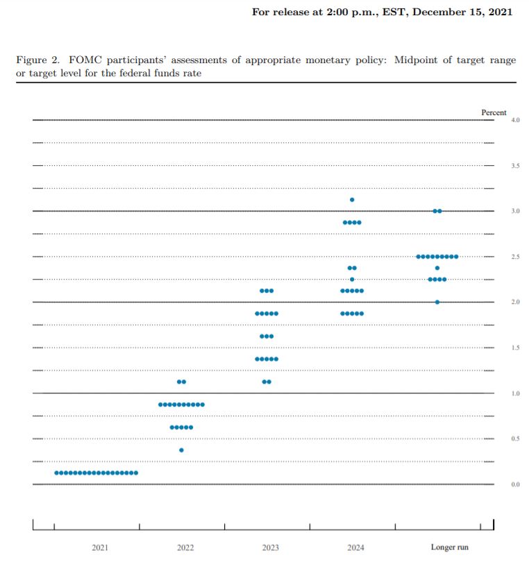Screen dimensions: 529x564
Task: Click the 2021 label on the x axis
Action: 100,547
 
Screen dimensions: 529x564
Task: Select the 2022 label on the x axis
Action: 185,547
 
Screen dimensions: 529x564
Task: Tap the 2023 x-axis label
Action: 270,547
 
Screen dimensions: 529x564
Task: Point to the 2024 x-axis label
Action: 355,547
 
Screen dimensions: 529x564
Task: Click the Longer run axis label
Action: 449,547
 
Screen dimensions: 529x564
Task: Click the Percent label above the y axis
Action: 494,112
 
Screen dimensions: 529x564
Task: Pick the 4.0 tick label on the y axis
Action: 515,120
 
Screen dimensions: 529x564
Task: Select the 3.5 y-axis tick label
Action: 515,166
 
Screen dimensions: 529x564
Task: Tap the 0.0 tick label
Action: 515,484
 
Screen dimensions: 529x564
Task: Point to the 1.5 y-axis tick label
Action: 515,348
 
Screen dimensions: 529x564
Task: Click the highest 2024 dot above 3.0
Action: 352,200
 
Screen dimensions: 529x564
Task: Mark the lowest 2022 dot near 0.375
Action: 181,450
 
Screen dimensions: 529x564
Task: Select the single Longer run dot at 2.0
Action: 437,302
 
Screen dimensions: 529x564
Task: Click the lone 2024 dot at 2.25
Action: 352,279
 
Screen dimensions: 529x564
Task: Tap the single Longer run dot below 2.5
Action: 437,268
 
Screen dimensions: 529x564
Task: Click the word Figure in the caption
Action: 32,60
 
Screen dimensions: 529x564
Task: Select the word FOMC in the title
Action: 85,60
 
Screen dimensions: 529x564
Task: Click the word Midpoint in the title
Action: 416,60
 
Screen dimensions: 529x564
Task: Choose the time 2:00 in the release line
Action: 337,12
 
